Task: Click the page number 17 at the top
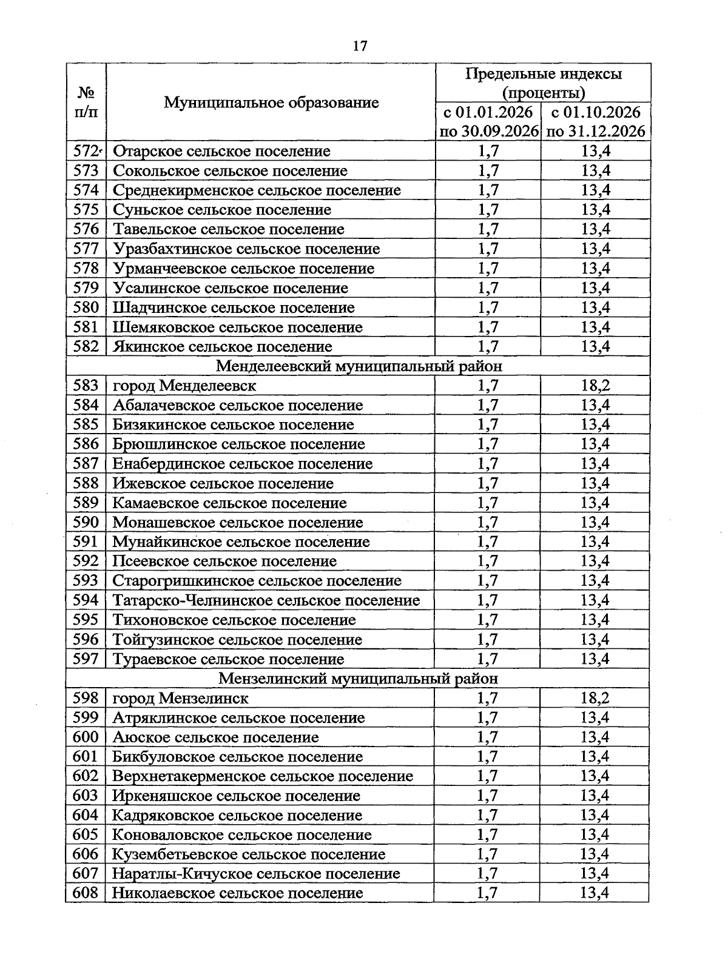360,46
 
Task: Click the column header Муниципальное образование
271,102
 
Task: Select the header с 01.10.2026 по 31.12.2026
595,121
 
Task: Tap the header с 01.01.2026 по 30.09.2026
488,121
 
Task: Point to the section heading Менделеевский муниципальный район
359,366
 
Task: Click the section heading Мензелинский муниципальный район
358,679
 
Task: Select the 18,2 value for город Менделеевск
595,386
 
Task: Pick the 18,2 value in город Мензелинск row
595,698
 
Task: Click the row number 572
86,151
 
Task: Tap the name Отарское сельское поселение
221,151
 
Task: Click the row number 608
86,893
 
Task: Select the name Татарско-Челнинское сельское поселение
266,600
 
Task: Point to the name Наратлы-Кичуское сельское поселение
256,873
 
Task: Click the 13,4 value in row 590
595,522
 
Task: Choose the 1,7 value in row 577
488,249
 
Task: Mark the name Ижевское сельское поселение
223,483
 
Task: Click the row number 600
86,737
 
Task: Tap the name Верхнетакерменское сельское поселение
263,776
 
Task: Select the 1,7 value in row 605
488,834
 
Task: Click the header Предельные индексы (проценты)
543,83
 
